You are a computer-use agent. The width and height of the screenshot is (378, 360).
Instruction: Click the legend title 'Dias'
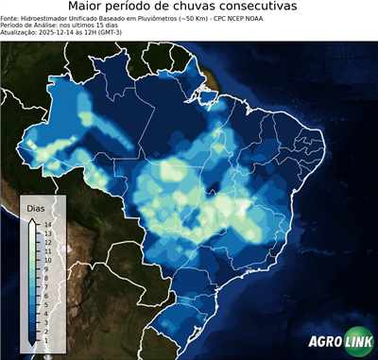(x=36, y=208)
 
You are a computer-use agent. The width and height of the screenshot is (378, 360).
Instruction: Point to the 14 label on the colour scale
(x=46, y=225)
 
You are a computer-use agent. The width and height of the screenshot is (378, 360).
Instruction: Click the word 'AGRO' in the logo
(x=324, y=342)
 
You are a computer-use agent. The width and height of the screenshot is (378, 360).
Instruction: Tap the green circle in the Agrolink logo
(x=359, y=342)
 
